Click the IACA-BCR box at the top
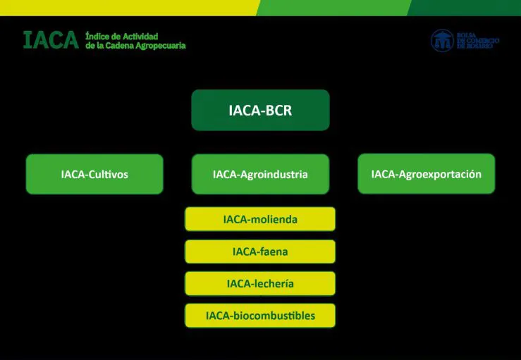tap(260, 110)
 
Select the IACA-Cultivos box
tap(94, 174)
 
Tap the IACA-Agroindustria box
tap(260, 174)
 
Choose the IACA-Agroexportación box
tap(426, 173)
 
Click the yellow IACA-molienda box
tap(260, 219)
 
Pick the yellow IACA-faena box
tap(260, 252)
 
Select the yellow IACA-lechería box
tap(260, 283)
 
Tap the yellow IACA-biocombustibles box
tap(260, 316)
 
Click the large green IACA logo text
tap(50, 40)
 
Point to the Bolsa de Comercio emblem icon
tap(442, 40)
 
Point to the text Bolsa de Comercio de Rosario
tap(477, 41)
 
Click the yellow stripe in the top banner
tap(127, 7)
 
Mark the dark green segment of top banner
tap(465, 7)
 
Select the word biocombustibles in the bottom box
tap(274, 316)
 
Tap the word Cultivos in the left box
tap(108, 174)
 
